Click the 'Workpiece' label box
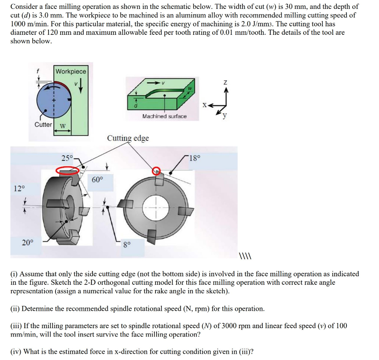pos(71,71)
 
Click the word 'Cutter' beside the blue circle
pos(43,124)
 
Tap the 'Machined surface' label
pos(164,116)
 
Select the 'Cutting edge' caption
pos(128,138)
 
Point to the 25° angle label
pos(67,158)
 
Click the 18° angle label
pos(194,158)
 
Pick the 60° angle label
pos(97,180)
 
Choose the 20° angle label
pos(27,243)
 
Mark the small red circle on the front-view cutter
pos(157,170)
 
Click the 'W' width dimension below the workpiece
pos(63,126)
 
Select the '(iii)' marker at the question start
pos(16,326)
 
